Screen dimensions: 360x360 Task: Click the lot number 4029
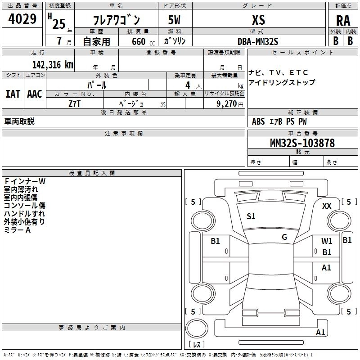[22, 19]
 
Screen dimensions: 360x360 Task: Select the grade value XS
[258, 20]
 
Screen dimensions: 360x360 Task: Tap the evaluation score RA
[343, 21]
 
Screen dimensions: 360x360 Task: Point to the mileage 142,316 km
[53, 64]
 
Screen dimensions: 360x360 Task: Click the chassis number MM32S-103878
[302, 143]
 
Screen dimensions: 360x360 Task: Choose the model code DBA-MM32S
[258, 41]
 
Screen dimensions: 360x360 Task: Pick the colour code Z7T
[75, 103]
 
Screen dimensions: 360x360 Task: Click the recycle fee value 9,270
[228, 103]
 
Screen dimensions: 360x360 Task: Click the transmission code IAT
[13, 94]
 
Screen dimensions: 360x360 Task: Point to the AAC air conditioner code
[34, 94]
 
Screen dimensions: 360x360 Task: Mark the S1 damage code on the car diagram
[251, 216]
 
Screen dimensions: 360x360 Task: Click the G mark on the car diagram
[284, 237]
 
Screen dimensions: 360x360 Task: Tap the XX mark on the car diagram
[327, 206]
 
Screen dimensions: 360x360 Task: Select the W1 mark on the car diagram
[327, 241]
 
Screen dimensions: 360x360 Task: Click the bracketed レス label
[196, 345]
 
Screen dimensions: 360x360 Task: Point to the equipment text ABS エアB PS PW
[279, 121]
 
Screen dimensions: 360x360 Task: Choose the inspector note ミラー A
[17, 230]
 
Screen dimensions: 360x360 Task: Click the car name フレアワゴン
[116, 20]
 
